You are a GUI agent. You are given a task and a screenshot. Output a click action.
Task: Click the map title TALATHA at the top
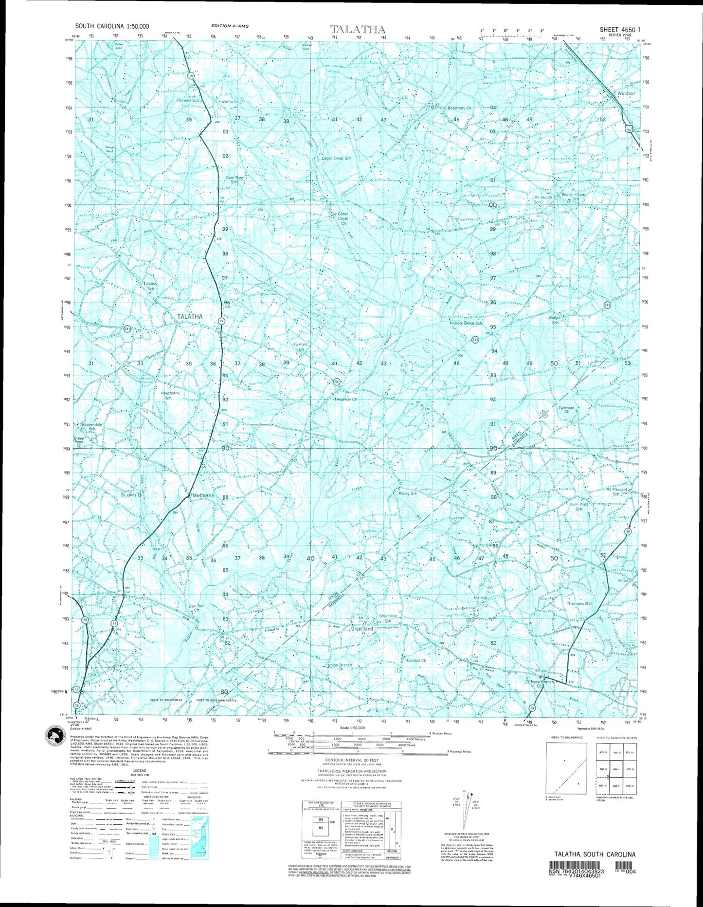point(358,29)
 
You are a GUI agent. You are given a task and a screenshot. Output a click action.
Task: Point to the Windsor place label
point(626,93)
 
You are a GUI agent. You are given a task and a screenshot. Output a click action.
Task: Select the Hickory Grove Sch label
point(466,323)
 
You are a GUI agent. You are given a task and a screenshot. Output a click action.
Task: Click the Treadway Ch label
point(345,399)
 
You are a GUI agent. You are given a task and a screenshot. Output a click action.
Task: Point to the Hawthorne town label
point(201,496)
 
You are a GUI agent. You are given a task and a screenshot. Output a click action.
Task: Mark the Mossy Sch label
point(408,493)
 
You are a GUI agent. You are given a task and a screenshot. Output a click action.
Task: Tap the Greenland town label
point(362,629)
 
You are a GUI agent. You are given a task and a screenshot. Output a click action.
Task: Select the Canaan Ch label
point(416,660)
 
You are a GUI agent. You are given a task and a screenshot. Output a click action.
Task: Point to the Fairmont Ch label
point(566,410)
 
